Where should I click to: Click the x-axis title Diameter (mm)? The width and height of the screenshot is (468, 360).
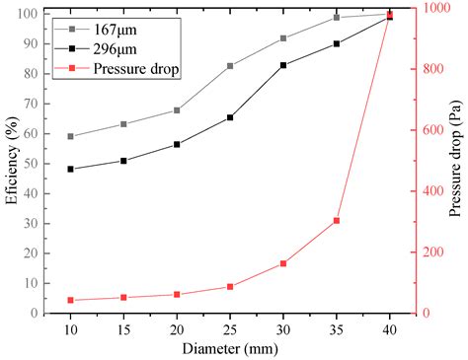[x=230, y=347]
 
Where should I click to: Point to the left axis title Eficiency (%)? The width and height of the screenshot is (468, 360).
[x=13, y=162]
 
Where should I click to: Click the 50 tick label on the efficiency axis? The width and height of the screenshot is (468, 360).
[x=36, y=164]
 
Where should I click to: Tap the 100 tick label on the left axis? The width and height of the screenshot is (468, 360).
[x=32, y=14]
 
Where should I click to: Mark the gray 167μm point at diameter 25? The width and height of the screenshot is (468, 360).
[x=230, y=66]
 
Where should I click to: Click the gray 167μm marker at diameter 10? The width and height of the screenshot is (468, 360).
[x=71, y=136]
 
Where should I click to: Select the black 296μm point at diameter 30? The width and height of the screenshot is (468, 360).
[x=283, y=65]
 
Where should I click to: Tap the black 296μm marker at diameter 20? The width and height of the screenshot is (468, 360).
[x=177, y=144]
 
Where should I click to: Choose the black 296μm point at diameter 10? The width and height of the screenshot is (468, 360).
[x=71, y=169]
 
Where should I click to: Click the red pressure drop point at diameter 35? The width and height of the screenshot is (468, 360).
[x=337, y=220]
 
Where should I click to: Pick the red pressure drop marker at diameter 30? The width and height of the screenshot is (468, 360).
[x=283, y=263]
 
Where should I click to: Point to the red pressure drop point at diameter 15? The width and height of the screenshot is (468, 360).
[x=123, y=297]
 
